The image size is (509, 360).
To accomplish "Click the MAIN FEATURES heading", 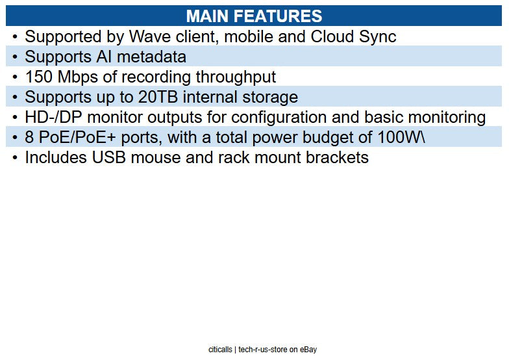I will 254,16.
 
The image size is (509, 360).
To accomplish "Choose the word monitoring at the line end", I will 444,117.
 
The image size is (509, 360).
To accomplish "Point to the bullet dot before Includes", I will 15,157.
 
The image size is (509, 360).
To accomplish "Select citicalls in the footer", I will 220,349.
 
